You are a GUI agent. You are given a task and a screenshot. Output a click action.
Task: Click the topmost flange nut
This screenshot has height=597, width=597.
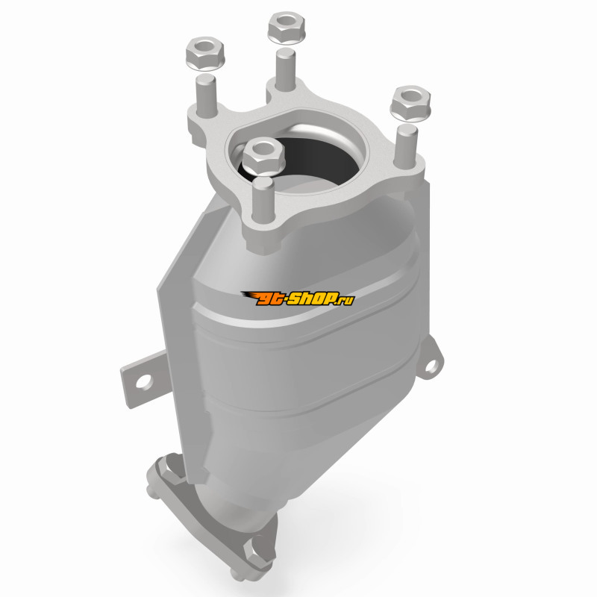tap(287, 28)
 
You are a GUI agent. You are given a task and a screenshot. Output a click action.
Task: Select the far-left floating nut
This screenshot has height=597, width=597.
tap(205, 53)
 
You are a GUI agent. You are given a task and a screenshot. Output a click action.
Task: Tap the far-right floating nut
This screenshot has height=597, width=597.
tap(410, 104)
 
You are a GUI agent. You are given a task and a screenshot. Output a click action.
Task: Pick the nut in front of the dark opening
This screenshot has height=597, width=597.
tap(263, 156)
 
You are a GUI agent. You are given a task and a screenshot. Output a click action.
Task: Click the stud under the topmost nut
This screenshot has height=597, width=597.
tap(286, 70)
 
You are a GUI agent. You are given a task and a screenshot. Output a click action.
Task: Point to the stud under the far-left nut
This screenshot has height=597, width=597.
tap(206, 96)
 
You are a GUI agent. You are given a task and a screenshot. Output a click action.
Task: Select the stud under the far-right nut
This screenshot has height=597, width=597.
tap(406, 146)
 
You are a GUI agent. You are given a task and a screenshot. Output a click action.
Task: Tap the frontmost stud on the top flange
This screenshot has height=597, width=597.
tap(263, 201)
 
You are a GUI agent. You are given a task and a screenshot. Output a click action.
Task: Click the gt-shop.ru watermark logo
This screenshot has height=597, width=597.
tap(298, 298)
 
